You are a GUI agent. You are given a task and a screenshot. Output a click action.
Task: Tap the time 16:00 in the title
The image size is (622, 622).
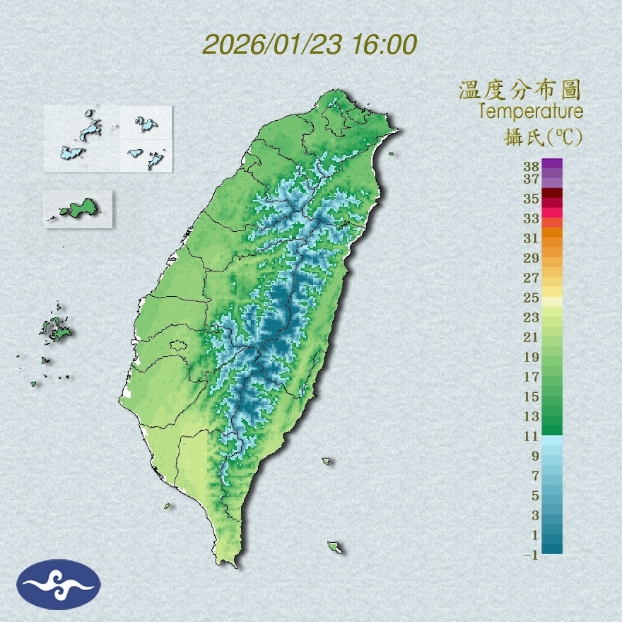[x=382, y=45]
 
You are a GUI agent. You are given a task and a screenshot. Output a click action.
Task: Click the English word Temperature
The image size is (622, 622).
[x=531, y=112]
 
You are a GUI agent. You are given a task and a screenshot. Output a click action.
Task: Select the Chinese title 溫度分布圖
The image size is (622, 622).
[x=520, y=90]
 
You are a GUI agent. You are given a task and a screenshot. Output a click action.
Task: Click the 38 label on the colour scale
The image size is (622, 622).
[x=532, y=167]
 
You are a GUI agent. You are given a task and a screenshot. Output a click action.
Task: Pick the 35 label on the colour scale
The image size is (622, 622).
[x=532, y=199]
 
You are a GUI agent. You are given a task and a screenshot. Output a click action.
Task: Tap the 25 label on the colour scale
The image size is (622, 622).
[x=532, y=298]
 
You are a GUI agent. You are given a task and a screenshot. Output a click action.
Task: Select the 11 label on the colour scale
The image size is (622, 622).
[x=532, y=436]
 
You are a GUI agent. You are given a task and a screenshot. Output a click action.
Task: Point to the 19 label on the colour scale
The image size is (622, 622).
[x=532, y=357]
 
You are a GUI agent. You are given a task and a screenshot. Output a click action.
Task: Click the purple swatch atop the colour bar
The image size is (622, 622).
[x=552, y=164]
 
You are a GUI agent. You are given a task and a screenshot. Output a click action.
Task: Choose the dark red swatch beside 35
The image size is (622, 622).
[x=552, y=194]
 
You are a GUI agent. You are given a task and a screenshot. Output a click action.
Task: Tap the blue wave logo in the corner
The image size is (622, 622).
[x=59, y=585]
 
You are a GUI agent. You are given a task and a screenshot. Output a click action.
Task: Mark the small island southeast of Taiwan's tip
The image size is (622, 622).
[x=334, y=546]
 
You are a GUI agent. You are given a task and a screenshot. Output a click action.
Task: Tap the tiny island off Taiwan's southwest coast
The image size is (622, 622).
[x=168, y=505]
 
